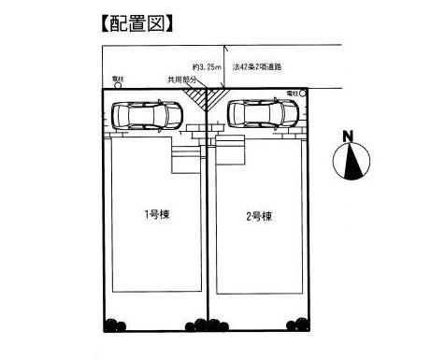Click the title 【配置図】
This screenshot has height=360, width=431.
[136, 21]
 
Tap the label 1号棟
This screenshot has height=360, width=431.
[155, 215]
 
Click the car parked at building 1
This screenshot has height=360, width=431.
[148, 116]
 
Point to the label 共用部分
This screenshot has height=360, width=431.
[181, 80]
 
